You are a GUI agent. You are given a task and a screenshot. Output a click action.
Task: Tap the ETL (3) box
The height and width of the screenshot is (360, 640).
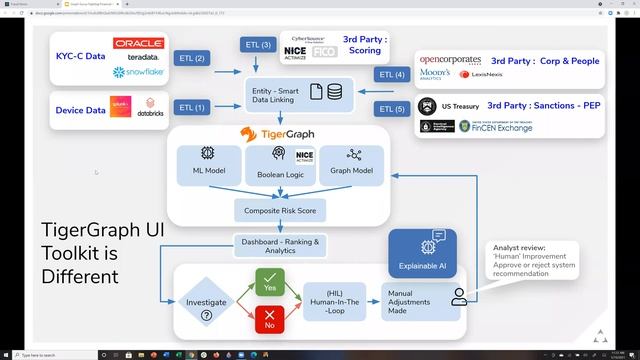click(257, 45)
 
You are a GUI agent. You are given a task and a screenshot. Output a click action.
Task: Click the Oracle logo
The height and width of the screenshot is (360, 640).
click(138, 44)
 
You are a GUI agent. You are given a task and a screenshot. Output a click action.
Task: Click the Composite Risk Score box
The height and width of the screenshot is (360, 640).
click(279, 211)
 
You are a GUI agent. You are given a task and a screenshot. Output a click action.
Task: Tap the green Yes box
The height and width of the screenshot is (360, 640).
click(270, 283)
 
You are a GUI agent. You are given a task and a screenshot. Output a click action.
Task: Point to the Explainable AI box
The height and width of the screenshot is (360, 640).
click(422, 252)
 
